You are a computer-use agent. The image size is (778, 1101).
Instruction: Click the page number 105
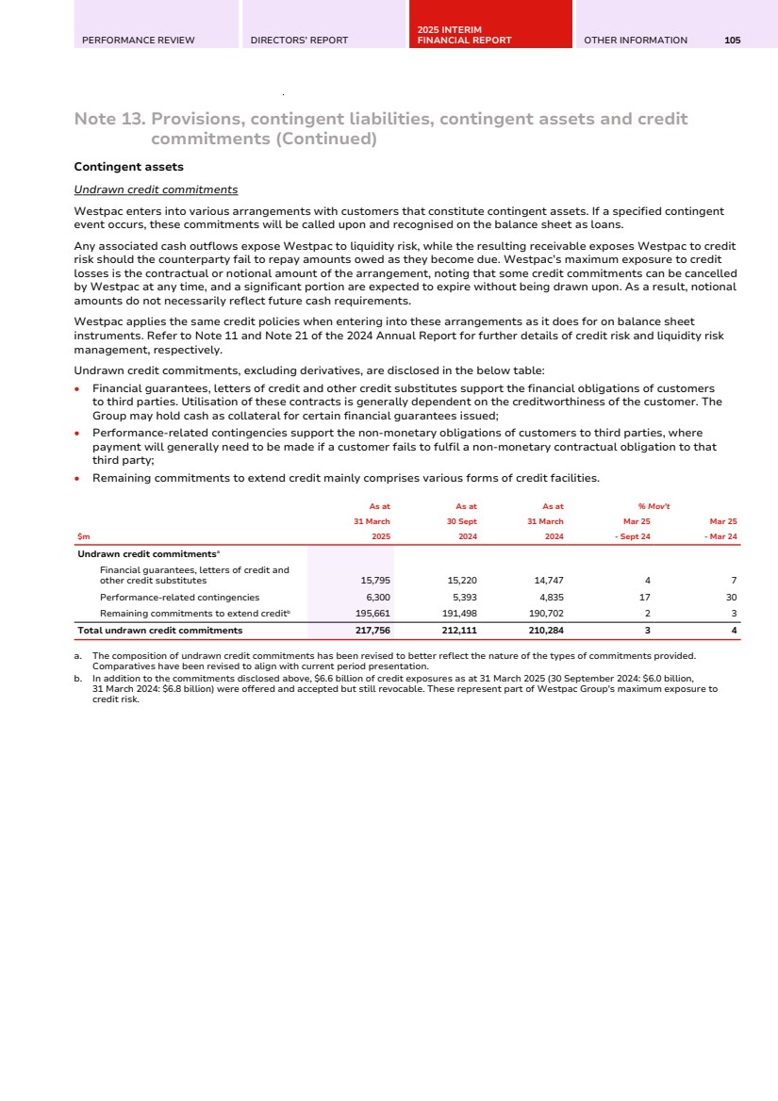click(733, 41)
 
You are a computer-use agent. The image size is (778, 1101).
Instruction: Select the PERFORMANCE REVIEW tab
click(139, 41)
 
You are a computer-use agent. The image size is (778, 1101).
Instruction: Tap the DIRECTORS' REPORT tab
click(299, 41)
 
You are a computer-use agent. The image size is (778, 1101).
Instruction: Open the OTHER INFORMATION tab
click(636, 41)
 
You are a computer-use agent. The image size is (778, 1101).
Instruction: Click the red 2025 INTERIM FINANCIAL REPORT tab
click(464, 36)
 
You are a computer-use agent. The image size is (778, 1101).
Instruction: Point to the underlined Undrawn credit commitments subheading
click(156, 189)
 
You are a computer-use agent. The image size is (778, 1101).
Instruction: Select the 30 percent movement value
click(730, 598)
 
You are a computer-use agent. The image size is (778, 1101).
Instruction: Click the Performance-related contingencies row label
click(179, 598)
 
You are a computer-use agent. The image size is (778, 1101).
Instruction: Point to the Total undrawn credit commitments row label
click(159, 631)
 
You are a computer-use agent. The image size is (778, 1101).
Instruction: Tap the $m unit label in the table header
click(83, 536)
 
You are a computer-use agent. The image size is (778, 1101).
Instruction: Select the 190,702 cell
click(546, 614)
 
